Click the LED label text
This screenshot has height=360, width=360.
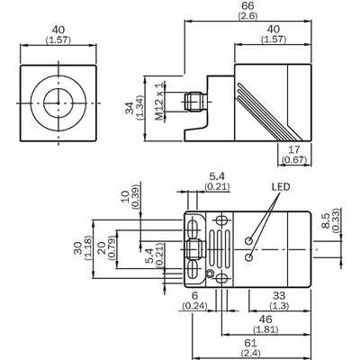(281, 187)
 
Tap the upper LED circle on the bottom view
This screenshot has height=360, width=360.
(248, 241)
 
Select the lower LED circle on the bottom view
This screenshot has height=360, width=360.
(248, 257)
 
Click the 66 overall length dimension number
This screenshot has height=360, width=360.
(247, 6)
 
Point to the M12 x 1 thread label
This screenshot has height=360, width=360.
(161, 101)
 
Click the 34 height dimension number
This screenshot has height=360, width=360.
(130, 108)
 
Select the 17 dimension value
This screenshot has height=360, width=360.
(295, 149)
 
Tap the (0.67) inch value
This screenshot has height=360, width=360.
(295, 159)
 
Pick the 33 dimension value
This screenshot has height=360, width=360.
(279, 296)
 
